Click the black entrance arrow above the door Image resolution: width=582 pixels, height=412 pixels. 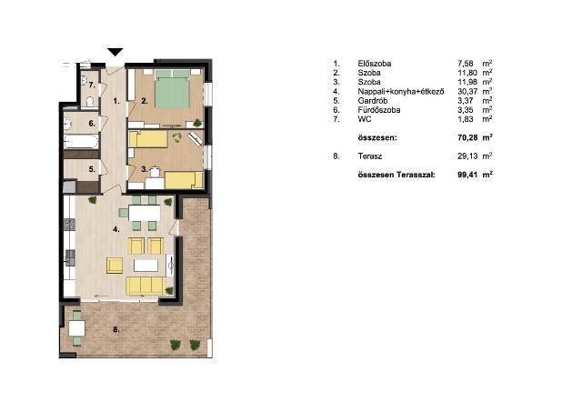[x=115, y=52]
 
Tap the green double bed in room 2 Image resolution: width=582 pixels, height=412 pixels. [x=172, y=89]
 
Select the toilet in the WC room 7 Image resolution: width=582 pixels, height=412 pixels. [x=89, y=102]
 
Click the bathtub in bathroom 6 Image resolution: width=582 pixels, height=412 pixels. [x=81, y=141]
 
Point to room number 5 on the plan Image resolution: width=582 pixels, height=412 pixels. [x=92, y=169]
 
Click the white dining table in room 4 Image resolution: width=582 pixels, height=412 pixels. [x=145, y=213]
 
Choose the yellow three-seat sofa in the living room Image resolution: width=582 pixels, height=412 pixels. [x=145, y=286]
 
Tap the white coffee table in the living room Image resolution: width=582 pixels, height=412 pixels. [x=145, y=266]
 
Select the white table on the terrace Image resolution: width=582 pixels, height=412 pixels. [x=76, y=328]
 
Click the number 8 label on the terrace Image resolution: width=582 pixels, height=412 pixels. [x=116, y=329]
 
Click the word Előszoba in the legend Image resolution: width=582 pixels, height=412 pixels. [x=374, y=64]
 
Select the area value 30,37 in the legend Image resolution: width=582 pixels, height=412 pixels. [x=467, y=91]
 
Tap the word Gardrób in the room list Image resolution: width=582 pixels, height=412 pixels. [x=373, y=101]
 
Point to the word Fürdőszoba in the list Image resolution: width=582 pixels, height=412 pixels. [x=379, y=110]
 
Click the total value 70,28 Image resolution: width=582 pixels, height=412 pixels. [x=467, y=137]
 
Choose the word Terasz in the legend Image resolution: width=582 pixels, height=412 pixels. [x=370, y=156]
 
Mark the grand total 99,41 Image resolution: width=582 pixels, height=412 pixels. [x=467, y=175]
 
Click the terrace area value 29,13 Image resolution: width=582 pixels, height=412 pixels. [x=467, y=156]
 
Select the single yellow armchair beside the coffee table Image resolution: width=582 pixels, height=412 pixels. [x=115, y=266]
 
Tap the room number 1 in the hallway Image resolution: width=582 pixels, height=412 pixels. [x=116, y=101]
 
